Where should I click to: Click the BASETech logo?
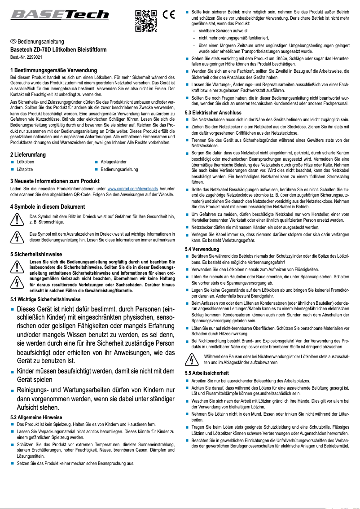(60, 16)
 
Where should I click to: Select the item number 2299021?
(26, 57)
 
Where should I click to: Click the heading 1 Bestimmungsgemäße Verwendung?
(53, 70)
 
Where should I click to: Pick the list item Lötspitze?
(25, 170)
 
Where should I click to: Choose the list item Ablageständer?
(113, 162)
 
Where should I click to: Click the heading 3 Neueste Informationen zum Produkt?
(54, 181)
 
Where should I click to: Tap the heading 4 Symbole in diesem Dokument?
(48, 207)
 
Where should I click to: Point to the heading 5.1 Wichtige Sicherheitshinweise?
(45, 299)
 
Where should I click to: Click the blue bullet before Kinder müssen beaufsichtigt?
(13, 372)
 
